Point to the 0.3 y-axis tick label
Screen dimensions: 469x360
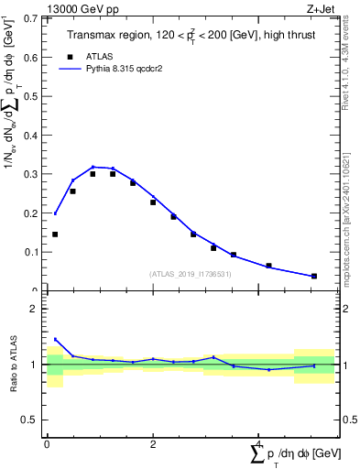31,174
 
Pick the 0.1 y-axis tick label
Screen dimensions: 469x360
31,252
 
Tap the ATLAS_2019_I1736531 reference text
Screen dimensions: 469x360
190,274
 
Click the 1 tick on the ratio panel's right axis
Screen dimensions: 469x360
347,365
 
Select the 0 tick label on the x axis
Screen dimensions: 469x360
47,443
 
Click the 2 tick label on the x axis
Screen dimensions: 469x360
152,443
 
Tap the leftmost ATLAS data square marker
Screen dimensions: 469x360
55,234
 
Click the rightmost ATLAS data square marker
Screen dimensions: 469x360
314,276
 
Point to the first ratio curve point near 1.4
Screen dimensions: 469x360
55,339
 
